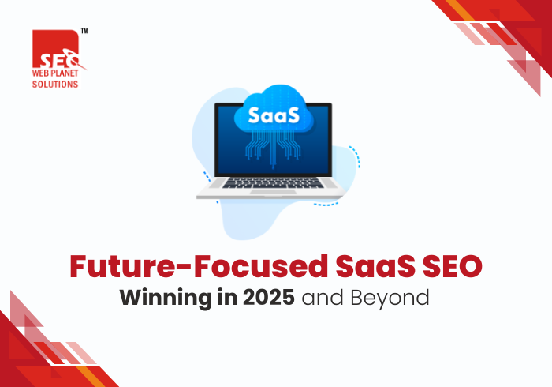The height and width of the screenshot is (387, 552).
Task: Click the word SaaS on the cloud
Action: pos(273,115)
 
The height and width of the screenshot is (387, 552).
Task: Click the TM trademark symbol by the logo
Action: pos(84,31)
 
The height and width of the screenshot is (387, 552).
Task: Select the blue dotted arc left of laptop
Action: pos(207,178)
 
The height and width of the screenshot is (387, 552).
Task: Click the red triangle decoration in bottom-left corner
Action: pos(32,355)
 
